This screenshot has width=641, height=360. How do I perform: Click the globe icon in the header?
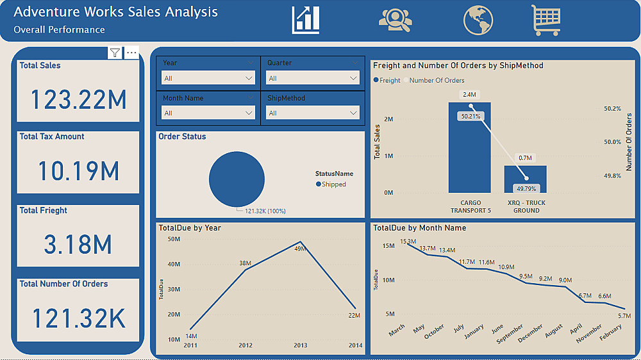click(x=478, y=20)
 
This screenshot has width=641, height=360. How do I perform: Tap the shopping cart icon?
click(x=545, y=20)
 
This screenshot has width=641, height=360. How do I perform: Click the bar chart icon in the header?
click(x=306, y=20)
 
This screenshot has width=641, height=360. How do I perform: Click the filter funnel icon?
click(x=115, y=53)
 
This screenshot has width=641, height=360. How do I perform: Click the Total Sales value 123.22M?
click(x=78, y=99)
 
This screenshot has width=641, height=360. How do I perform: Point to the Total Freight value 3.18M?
click(x=78, y=244)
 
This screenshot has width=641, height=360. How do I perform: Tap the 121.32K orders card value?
click(x=78, y=318)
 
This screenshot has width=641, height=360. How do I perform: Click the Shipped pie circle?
click(x=237, y=179)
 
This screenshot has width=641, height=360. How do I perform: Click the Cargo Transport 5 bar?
click(x=470, y=154)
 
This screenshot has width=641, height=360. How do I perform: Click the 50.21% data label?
click(x=470, y=117)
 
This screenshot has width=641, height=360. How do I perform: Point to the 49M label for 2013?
click(x=301, y=249)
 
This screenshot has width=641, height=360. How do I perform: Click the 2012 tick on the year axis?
click(x=246, y=345)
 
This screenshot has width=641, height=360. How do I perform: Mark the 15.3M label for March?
click(x=408, y=241)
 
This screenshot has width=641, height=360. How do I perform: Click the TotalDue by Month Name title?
click(x=419, y=228)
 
